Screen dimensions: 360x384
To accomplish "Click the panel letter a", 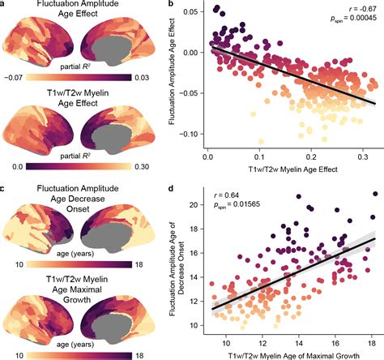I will pyautogui.click(x=4, y=6).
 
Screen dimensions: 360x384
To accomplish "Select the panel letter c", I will pyautogui.click(x=4, y=191).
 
